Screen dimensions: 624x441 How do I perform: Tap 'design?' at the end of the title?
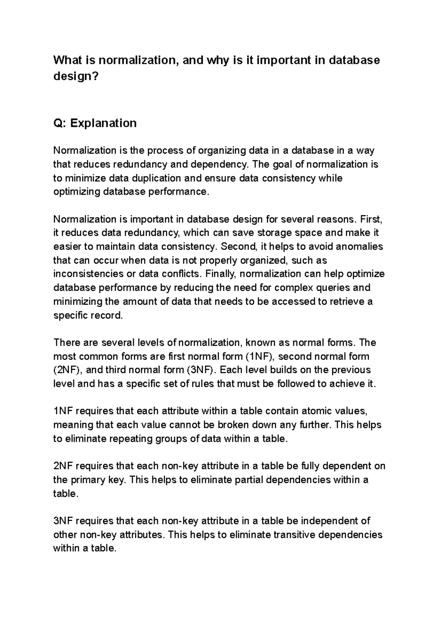tap(76, 76)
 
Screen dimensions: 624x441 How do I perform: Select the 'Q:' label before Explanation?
tap(60, 123)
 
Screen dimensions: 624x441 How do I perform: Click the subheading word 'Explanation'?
tap(103, 123)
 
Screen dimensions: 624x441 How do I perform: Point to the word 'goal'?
tap(283, 164)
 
